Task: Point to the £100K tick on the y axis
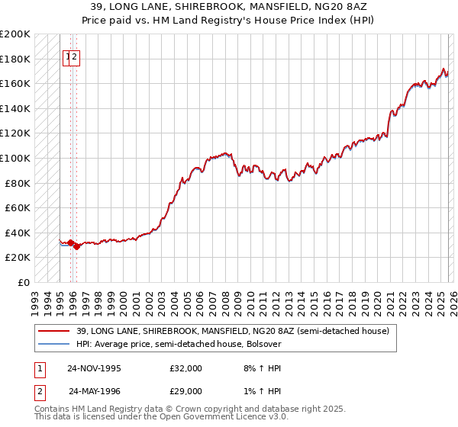pos(15,158)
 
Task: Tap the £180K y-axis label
pos(15,59)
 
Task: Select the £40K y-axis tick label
pos(18,233)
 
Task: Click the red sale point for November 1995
pos(71,243)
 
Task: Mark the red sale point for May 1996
pos(77,247)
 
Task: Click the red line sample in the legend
pos(53,331)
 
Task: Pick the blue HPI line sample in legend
pos(53,344)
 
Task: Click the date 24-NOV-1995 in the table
pos(94,368)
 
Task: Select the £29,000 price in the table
pos(185,390)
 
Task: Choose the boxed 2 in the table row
pos(38,390)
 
